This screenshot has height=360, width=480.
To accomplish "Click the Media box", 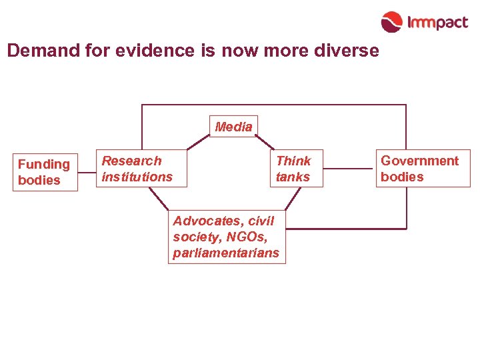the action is point(234,127).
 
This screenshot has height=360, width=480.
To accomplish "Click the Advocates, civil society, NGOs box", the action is point(227,237).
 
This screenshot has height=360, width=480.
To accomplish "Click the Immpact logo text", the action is point(438,23).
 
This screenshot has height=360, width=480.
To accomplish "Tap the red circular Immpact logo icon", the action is point(392,22).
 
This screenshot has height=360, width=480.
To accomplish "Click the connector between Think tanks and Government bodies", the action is point(349,169).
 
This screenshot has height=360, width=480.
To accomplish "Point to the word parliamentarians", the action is point(226,253).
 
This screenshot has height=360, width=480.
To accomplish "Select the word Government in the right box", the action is point(420,161).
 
